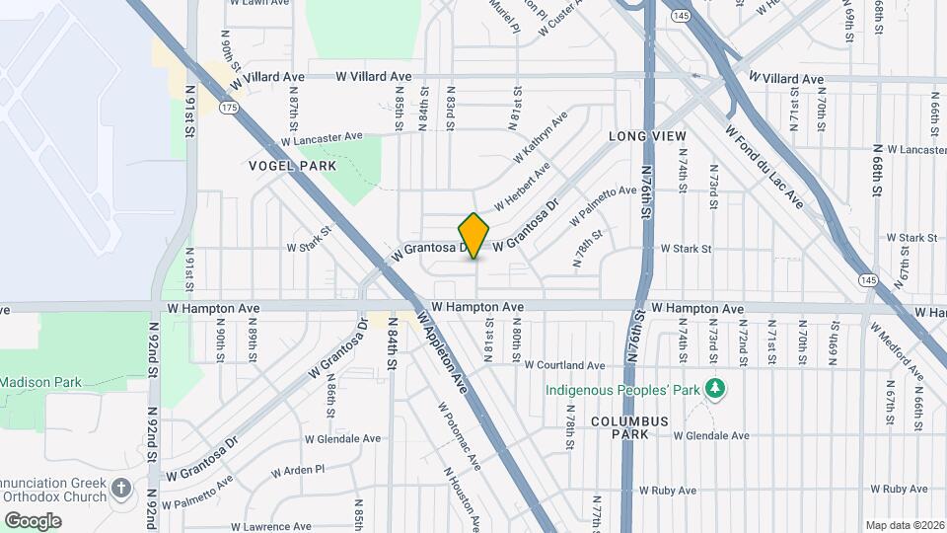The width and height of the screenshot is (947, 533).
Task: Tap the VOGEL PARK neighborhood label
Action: click(x=293, y=166)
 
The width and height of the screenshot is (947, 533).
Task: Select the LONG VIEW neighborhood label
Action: click(x=647, y=135)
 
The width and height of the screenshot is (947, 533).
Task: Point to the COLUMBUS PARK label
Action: click(x=630, y=427)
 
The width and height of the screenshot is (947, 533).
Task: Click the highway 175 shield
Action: click(x=229, y=107)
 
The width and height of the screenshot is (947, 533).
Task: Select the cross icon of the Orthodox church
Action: click(x=120, y=488)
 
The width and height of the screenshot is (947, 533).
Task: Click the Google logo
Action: click(x=33, y=520)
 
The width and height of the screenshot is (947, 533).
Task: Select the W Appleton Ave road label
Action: click(x=440, y=352)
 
